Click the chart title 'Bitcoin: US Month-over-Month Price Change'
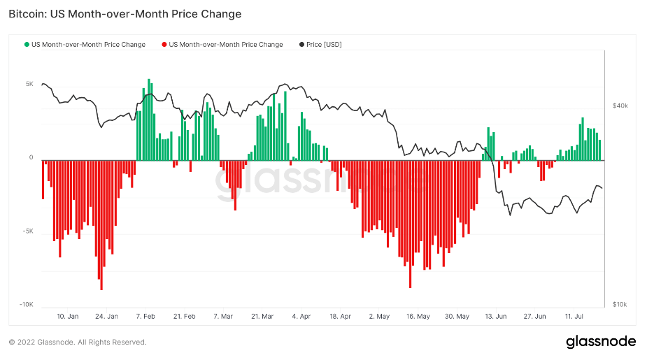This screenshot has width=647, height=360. [125, 14]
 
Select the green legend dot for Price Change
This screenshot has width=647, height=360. [27, 45]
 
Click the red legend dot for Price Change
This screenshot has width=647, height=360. [164, 45]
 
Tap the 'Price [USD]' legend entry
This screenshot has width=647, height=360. [323, 45]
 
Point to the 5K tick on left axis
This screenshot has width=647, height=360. [29, 84]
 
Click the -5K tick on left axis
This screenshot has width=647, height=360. [27, 231]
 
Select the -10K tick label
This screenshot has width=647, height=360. [26, 305]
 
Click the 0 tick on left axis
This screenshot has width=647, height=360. [31, 158]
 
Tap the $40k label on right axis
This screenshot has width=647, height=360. [619, 106]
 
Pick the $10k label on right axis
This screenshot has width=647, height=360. [619, 305]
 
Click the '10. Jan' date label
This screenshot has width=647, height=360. [67, 317]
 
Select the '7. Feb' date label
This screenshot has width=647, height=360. [145, 317]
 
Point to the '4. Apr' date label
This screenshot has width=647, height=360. [301, 317]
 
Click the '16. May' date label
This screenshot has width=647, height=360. [418, 317]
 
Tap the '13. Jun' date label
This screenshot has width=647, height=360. [495, 317]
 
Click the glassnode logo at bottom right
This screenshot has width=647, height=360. [601, 341]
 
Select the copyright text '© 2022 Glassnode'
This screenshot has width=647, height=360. [49, 343]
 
